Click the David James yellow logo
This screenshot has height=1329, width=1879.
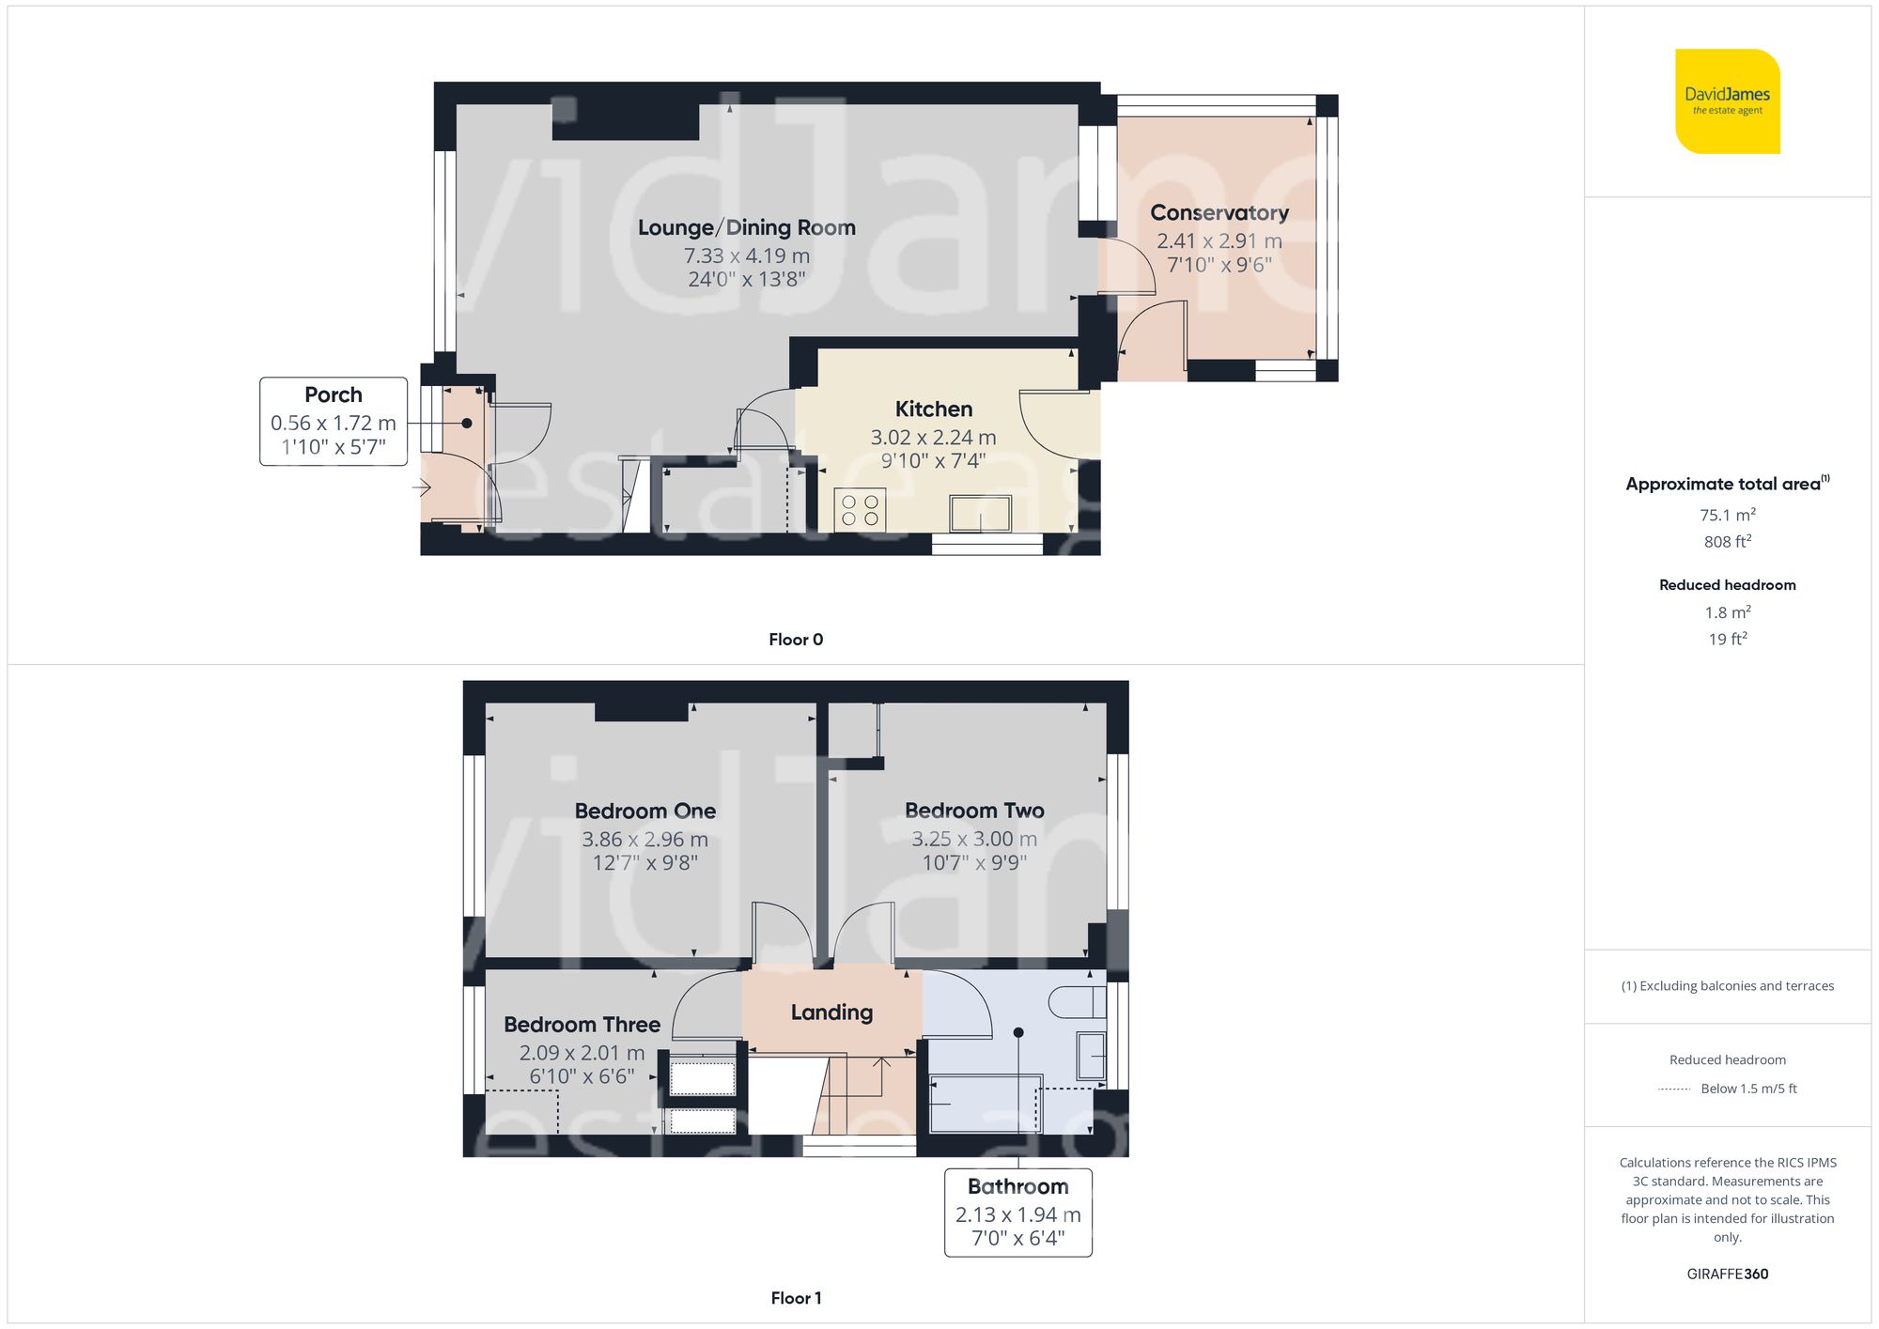1727,101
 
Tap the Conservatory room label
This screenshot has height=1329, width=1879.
1219,213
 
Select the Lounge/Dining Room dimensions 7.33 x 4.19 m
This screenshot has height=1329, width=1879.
746,255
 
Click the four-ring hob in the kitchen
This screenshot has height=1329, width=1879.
860,510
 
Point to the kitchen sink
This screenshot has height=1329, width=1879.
980,514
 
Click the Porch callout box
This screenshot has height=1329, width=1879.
334,421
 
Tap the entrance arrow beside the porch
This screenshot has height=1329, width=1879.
421,487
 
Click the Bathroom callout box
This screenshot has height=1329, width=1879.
1017,1212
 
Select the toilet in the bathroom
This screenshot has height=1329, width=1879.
1077,1002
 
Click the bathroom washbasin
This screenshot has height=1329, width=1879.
1091,1055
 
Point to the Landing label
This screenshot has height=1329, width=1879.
831,1012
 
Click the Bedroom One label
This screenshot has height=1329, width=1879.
644,811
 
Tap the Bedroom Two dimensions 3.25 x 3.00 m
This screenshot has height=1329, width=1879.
974,839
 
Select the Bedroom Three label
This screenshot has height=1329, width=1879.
582,1025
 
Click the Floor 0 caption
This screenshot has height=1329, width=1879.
795,640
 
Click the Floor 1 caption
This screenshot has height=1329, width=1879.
795,1298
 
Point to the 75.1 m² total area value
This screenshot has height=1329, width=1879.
1727,515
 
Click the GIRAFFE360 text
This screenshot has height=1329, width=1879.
1727,1274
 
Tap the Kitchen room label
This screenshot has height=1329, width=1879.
933,410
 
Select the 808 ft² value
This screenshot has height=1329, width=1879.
1727,542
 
